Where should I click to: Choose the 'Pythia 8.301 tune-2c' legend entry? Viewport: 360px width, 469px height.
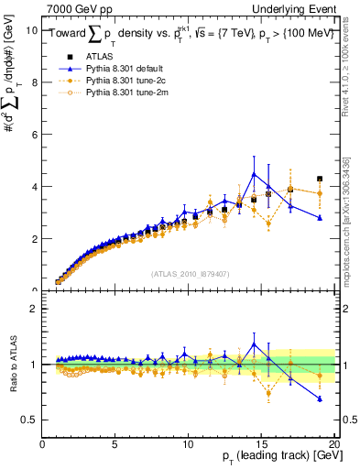coord(126,81)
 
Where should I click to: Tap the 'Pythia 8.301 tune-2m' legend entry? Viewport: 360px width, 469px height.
coord(126,93)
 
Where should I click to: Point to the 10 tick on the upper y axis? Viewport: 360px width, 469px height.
coord(30,29)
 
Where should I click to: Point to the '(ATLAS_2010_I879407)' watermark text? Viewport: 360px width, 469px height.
coord(188,273)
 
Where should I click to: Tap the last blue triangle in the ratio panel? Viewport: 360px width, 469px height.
coord(320,398)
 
